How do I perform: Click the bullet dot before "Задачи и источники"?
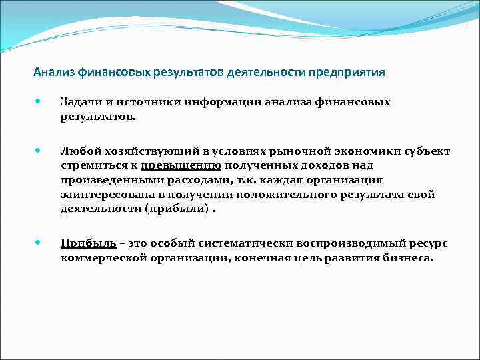(x=40, y=102)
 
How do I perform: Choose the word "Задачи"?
(x=79, y=102)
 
